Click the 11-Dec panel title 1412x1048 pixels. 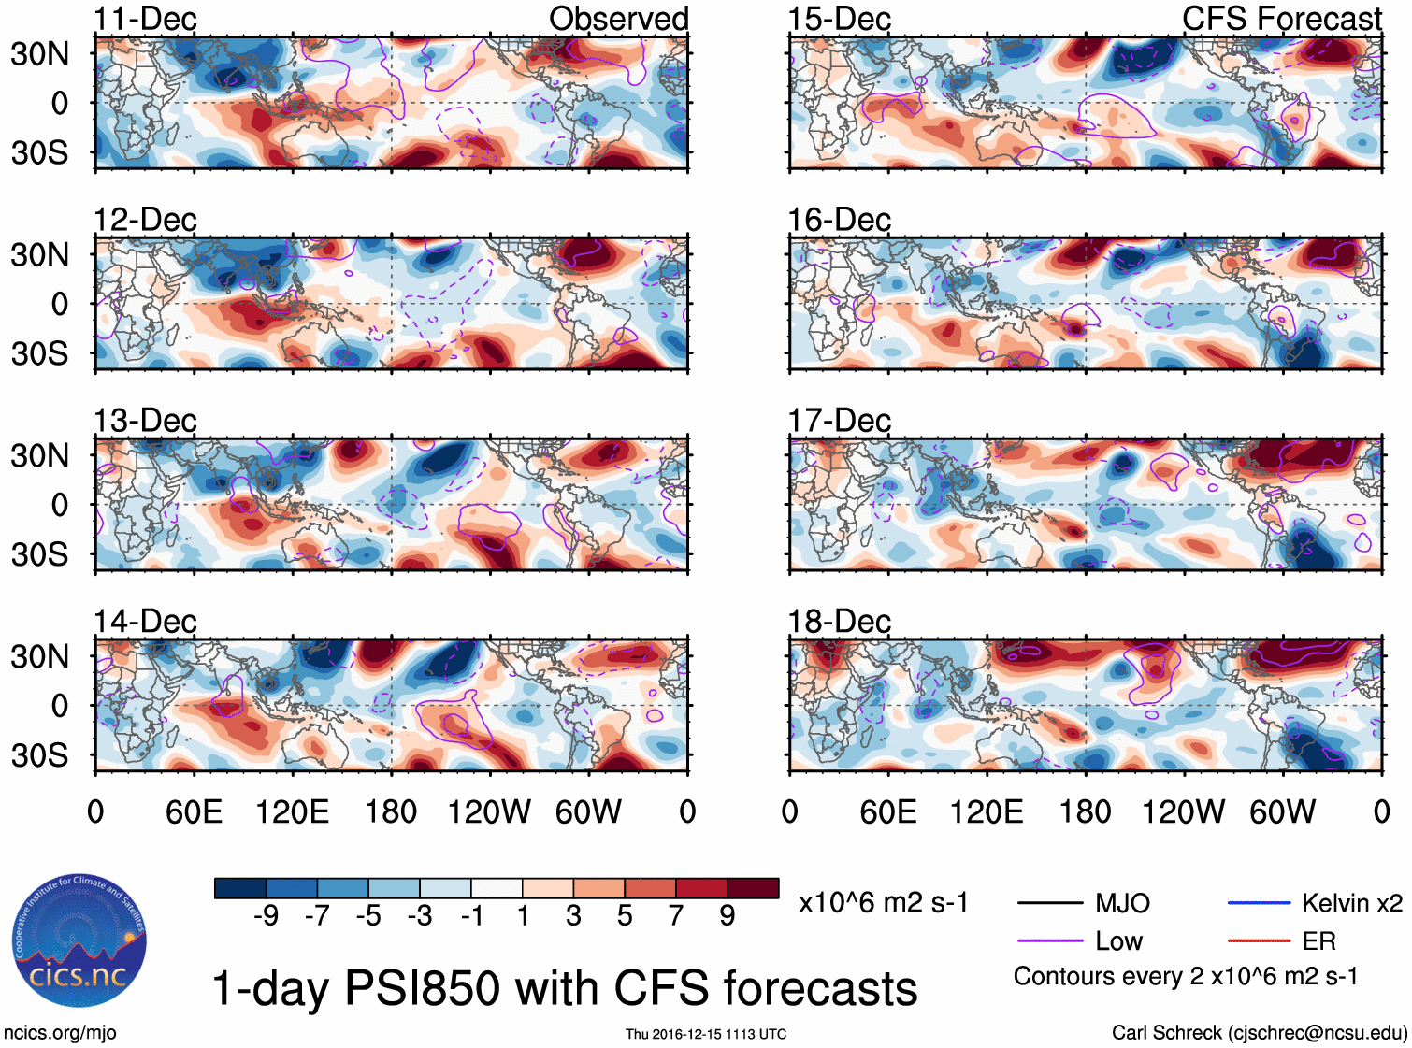(145, 19)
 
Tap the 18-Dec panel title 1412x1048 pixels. (839, 622)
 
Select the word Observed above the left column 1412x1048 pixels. (618, 19)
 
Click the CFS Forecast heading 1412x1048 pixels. (1281, 19)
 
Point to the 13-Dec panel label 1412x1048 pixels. (145, 421)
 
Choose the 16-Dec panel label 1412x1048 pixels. (839, 221)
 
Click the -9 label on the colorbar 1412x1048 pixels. (266, 916)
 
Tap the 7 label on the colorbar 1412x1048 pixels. (676, 916)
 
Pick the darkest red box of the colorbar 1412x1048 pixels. (753, 888)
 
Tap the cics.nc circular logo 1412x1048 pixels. (79, 941)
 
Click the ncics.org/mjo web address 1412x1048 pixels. (60, 1033)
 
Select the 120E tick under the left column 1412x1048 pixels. (292, 811)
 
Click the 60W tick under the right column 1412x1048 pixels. (1282, 811)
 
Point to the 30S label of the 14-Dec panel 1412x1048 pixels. (39, 755)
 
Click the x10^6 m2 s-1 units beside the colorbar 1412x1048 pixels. (883, 903)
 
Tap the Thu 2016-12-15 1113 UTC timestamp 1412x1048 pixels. (706, 1034)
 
